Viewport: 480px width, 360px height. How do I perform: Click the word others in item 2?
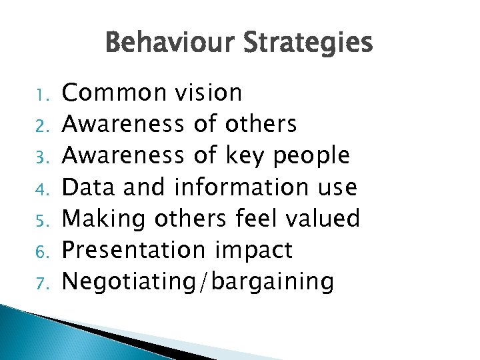point(261,124)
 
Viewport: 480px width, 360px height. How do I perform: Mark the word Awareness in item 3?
point(122,156)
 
